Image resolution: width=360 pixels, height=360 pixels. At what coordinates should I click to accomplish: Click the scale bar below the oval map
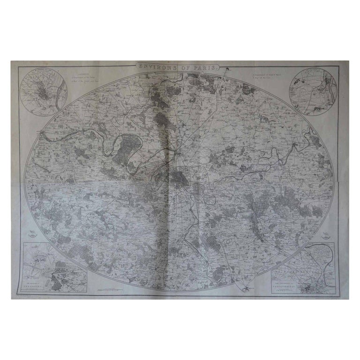(x=111, y=291)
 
